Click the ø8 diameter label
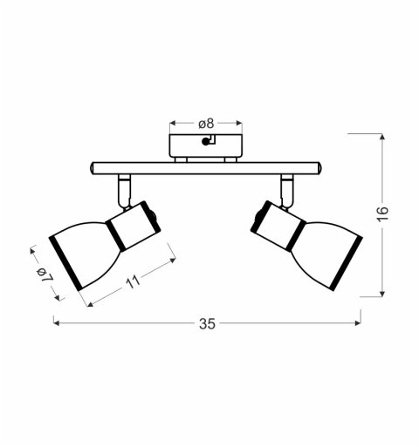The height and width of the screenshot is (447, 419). pyautogui.click(x=206, y=123)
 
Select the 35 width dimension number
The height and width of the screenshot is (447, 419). pyautogui.click(x=207, y=323)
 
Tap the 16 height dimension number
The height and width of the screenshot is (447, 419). pyautogui.click(x=382, y=215)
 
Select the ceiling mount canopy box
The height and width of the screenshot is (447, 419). pyautogui.click(x=205, y=145)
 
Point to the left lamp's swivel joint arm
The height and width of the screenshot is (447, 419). pyautogui.click(x=125, y=188)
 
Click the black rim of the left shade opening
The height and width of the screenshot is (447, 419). pyautogui.click(x=65, y=262)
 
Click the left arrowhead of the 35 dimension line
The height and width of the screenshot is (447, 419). pyautogui.click(x=56, y=323)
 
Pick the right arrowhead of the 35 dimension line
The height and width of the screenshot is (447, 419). pyautogui.click(x=359, y=323)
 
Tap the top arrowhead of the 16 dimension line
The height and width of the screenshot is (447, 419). pyautogui.click(x=382, y=136)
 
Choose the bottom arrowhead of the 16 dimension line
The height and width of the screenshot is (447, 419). pyautogui.click(x=382, y=295)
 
